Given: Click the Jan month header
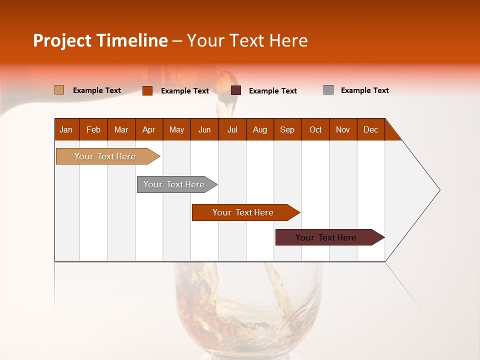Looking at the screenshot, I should [66, 129].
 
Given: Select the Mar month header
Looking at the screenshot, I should [121, 129].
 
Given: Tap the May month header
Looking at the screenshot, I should [176, 129].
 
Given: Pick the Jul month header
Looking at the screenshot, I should [232, 129].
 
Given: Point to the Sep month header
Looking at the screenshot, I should [287, 129].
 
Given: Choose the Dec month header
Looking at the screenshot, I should [370, 129].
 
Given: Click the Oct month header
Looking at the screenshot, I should [315, 129].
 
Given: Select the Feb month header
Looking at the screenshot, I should [93, 129].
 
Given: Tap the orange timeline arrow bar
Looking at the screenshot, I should [243, 212].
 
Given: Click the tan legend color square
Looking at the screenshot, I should [59, 90].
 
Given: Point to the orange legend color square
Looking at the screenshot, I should [147, 90].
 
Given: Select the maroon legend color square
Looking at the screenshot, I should [236, 90].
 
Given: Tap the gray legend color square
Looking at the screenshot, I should [328, 90].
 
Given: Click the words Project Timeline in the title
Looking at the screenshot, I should [100, 40].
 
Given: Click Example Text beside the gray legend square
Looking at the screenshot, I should [364, 90].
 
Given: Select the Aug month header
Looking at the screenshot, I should [259, 129].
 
